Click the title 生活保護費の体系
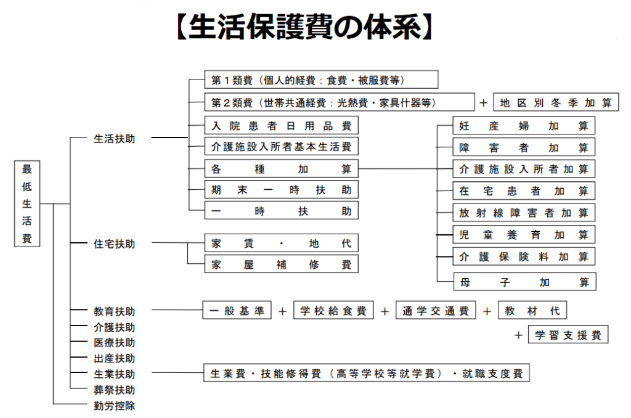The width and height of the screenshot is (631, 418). pos(304,27)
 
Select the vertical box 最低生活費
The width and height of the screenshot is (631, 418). pos(27,203)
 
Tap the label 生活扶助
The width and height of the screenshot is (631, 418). pos(114,139)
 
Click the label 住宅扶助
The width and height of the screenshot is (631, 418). pos(114,244)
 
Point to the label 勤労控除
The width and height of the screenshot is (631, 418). pos(114,406)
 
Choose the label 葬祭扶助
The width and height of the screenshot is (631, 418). pos(114,390)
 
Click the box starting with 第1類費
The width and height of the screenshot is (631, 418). pos(321,80)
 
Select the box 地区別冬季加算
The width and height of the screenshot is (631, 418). pos(556,103)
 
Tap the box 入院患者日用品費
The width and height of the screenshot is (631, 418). pos(281,126)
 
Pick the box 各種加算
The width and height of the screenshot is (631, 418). pos(281,169)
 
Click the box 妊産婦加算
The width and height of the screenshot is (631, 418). pos(524,126)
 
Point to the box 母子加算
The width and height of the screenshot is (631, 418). pos(525,282)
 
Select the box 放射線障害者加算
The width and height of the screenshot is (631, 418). pos(524,213)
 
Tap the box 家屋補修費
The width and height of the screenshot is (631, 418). pos(281,264)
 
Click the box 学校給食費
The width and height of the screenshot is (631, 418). pos(333,310)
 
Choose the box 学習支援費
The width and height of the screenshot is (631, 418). pos(568,335)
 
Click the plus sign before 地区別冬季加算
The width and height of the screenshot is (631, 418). pos(484,103)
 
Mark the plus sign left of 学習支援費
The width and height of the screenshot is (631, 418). pos(518,335)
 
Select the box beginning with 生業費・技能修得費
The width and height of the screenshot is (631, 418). pos(366,373)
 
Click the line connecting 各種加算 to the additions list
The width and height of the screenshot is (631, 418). pos(397,169)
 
